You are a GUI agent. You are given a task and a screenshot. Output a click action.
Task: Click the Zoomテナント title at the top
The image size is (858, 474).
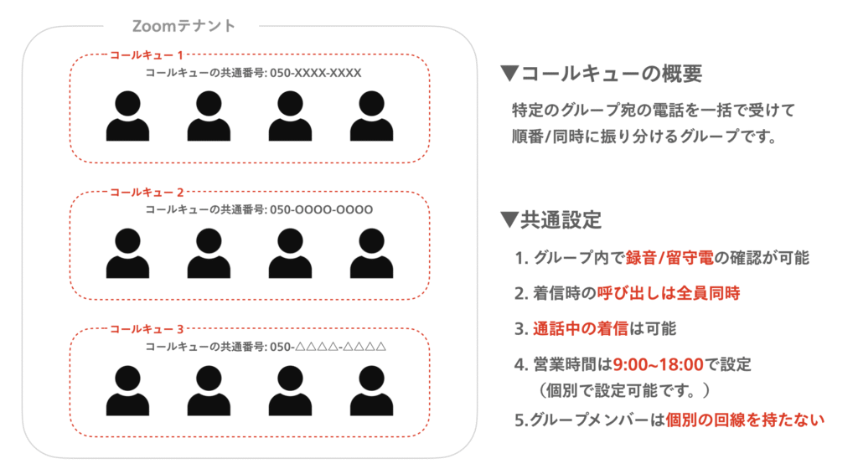pos(184,26)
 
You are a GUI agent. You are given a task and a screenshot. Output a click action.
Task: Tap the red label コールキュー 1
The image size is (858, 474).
pos(147,55)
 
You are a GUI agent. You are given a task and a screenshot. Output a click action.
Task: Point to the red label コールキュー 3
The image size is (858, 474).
pos(147,328)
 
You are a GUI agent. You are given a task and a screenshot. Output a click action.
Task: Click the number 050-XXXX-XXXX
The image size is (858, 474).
pos(315,73)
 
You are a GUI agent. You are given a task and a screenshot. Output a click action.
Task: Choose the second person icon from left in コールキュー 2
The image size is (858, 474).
pos(209,253)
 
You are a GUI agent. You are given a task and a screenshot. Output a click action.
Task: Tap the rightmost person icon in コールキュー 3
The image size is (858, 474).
pos(371,390)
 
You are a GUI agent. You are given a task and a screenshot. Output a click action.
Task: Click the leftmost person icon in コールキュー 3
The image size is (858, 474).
pos(127,390)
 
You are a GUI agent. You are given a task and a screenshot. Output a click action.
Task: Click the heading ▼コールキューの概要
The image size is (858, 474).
pos(600,74)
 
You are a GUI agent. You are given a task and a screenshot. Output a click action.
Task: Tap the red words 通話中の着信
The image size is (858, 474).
pos(574,328)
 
